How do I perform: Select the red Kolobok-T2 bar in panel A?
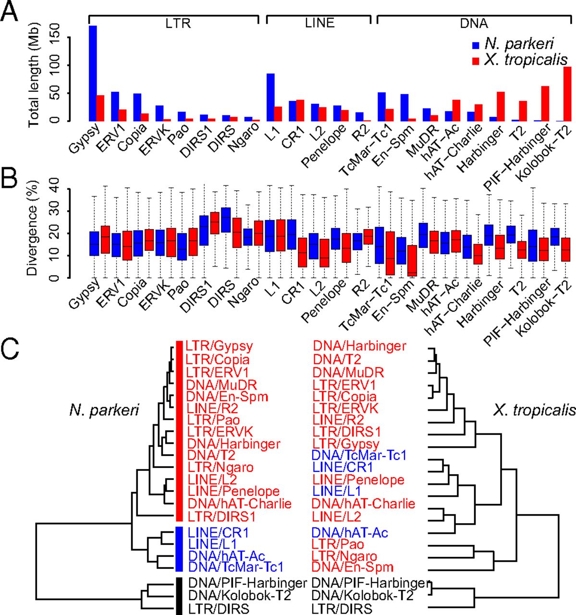point(567,94)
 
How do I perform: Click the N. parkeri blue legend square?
point(476,45)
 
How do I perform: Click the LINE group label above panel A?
point(319,23)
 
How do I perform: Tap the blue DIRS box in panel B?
point(225,220)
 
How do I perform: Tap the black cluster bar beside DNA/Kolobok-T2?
point(179,596)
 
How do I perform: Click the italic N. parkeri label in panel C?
point(104,410)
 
